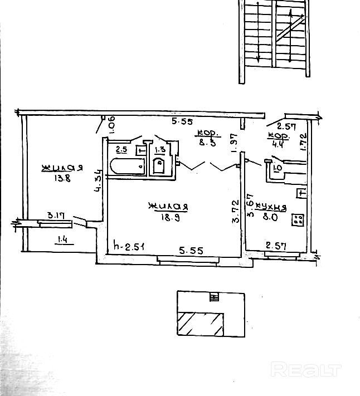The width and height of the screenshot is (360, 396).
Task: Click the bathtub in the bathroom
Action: (x=128, y=166)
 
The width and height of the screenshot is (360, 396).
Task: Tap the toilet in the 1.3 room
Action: (x=159, y=166)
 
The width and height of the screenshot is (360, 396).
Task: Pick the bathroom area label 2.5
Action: (x=121, y=149)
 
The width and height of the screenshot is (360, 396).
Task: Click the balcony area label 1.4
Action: (x=62, y=240)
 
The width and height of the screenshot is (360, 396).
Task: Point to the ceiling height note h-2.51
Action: (x=129, y=245)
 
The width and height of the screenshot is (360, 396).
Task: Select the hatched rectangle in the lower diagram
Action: (x=201, y=324)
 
